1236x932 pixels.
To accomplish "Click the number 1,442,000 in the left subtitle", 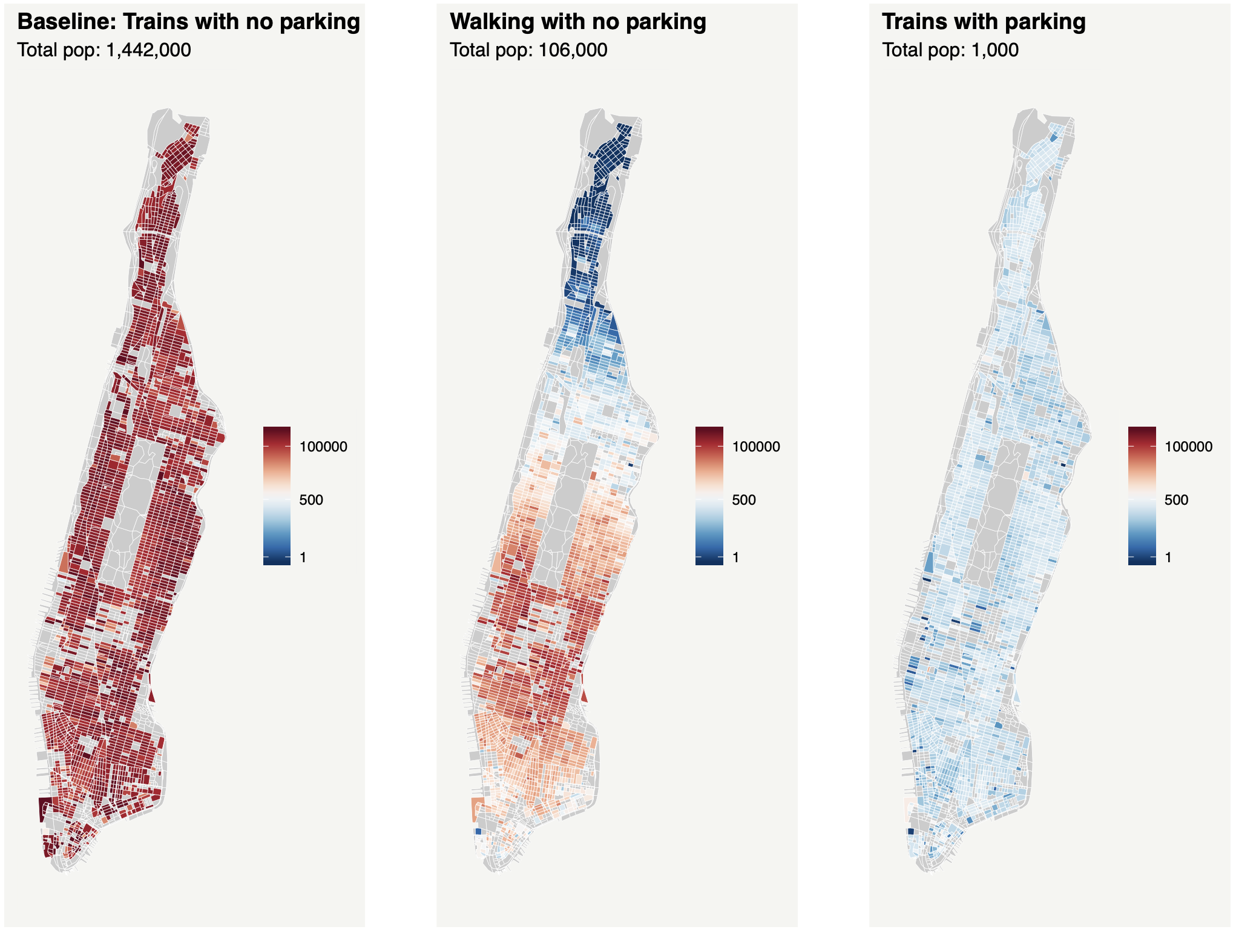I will point(148,50).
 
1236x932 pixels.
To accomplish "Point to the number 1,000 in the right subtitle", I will point(994,50).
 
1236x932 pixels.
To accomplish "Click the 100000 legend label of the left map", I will point(323,447).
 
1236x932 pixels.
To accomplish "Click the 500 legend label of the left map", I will point(311,500).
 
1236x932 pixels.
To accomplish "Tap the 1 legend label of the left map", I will point(303,557).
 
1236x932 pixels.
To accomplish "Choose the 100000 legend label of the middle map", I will point(756,447).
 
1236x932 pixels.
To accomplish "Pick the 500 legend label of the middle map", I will point(744,500).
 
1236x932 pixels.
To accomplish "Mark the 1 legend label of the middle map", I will point(735,557).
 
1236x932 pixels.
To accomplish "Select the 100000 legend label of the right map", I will point(1189,447).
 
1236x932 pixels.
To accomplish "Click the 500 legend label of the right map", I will point(1176,500).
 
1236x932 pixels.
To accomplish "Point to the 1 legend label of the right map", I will point(1168,557).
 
